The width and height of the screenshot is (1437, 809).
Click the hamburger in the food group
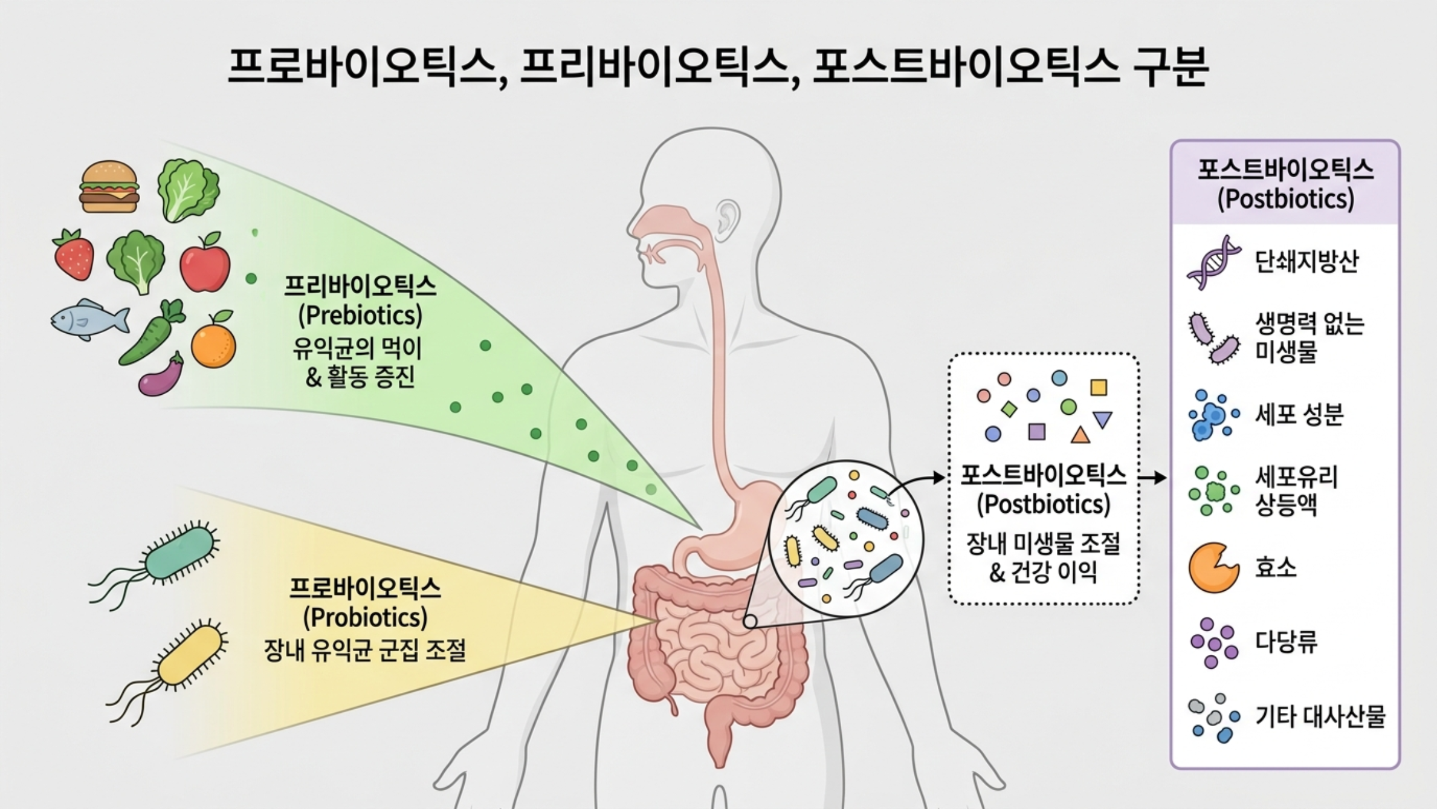(109, 186)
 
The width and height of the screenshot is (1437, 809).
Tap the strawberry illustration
(74, 255)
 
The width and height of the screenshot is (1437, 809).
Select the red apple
(205, 264)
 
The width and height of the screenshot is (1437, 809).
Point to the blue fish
(89, 319)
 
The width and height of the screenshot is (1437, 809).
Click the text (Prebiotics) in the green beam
(360, 315)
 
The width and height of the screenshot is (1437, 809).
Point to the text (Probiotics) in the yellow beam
(365, 617)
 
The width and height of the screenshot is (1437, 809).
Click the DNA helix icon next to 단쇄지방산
(1213, 262)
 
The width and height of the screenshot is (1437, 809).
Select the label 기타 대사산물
(1320, 716)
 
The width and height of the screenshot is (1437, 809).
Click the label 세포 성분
(1299, 414)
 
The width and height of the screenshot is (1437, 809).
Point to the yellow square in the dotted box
(1098, 388)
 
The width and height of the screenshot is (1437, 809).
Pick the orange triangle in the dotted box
(1080, 435)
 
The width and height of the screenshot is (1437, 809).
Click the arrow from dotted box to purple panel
(1152, 478)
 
